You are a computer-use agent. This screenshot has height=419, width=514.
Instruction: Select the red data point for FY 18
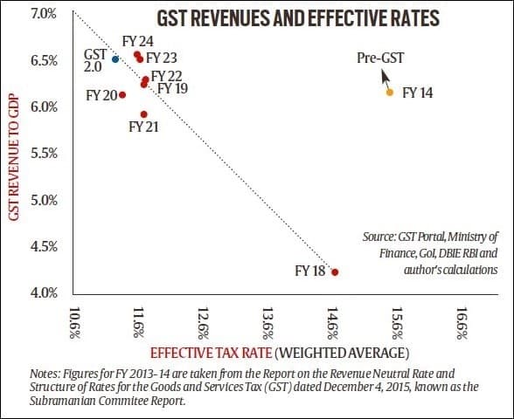coord(335,272)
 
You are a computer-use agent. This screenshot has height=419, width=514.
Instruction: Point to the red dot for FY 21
coord(143,114)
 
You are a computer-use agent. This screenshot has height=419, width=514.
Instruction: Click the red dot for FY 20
coord(122,95)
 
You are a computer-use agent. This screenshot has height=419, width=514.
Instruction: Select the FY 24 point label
coord(137,41)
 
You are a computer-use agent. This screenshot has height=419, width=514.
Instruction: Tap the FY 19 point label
coord(171,89)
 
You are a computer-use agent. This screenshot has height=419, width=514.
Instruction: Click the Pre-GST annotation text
coord(381,58)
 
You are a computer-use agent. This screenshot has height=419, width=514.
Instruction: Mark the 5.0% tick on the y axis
coord(44,200)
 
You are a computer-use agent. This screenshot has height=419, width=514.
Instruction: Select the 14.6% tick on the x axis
coord(334,320)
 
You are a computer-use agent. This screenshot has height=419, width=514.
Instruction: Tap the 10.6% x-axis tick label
coord(74,320)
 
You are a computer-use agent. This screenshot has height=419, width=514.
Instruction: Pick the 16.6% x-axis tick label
coord(463,320)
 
